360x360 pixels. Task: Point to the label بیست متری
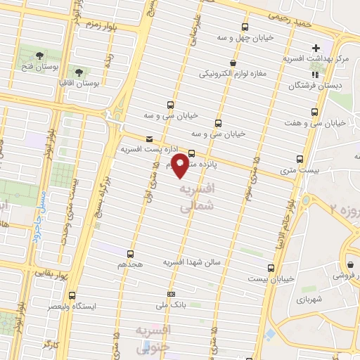point(295,170)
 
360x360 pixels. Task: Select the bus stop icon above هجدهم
point(131,253)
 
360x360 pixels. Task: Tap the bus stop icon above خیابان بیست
point(271,267)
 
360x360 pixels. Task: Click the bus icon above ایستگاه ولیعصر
point(72,295)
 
